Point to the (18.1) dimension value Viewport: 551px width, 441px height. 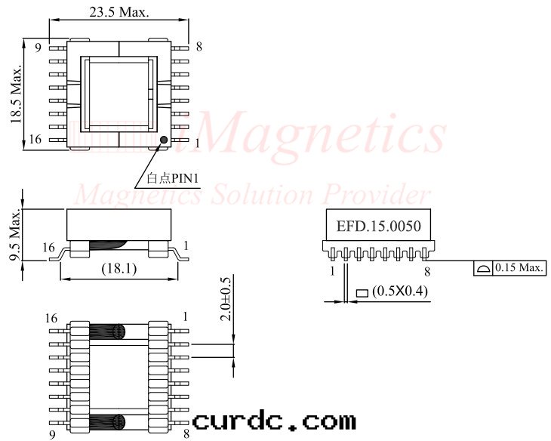coord(119,268)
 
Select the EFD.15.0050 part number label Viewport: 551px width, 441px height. coord(377,226)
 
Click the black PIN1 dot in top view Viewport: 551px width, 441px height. coord(163,139)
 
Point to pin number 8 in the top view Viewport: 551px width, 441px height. coord(199,47)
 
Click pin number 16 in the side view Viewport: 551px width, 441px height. coord(49,247)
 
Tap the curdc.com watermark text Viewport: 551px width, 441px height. coord(273,421)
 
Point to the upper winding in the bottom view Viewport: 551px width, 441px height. coord(108,331)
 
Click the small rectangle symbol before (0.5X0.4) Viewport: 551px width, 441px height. coord(362,292)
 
